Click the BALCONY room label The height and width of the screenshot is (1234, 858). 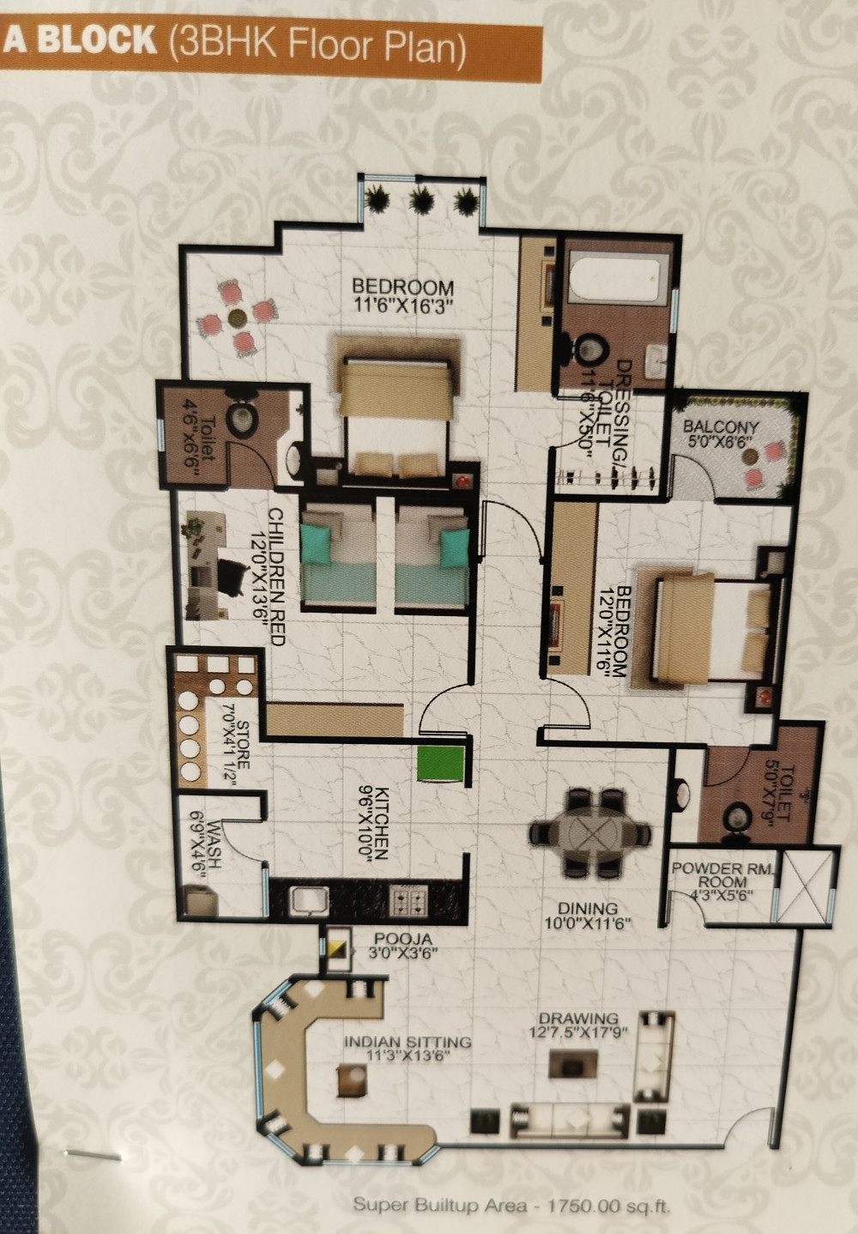tap(721, 427)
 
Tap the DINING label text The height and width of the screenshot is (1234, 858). tap(588, 909)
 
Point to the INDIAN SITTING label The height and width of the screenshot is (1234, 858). tap(408, 1042)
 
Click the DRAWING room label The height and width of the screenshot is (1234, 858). tap(579, 1019)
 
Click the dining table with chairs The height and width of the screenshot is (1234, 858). tap(590, 832)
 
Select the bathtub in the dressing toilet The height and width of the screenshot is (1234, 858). tap(616, 277)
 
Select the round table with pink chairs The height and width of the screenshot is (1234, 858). tap(238, 318)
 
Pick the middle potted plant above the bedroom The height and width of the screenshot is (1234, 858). tap(420, 201)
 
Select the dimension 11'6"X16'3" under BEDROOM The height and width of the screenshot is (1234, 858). tap(402, 304)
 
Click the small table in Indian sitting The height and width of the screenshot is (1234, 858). tap(352, 1079)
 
